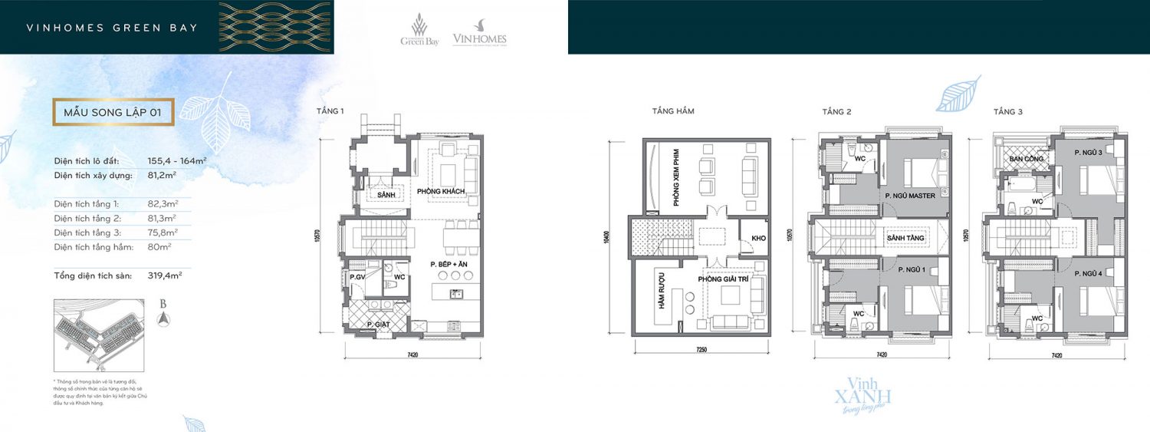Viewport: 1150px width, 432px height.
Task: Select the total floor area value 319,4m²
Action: [164, 275]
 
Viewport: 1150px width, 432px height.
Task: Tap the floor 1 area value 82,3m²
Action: [163, 204]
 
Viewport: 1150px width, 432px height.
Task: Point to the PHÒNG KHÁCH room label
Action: [441, 190]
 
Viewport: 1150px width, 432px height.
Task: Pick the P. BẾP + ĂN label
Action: [449, 264]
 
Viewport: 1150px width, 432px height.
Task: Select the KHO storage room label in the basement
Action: [759, 239]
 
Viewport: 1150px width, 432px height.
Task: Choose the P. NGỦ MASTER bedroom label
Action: [910, 196]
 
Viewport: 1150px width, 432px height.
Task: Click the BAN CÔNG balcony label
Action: [1024, 159]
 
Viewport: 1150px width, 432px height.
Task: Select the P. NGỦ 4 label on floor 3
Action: [1088, 274]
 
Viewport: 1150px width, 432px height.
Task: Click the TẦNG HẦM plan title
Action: [672, 111]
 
